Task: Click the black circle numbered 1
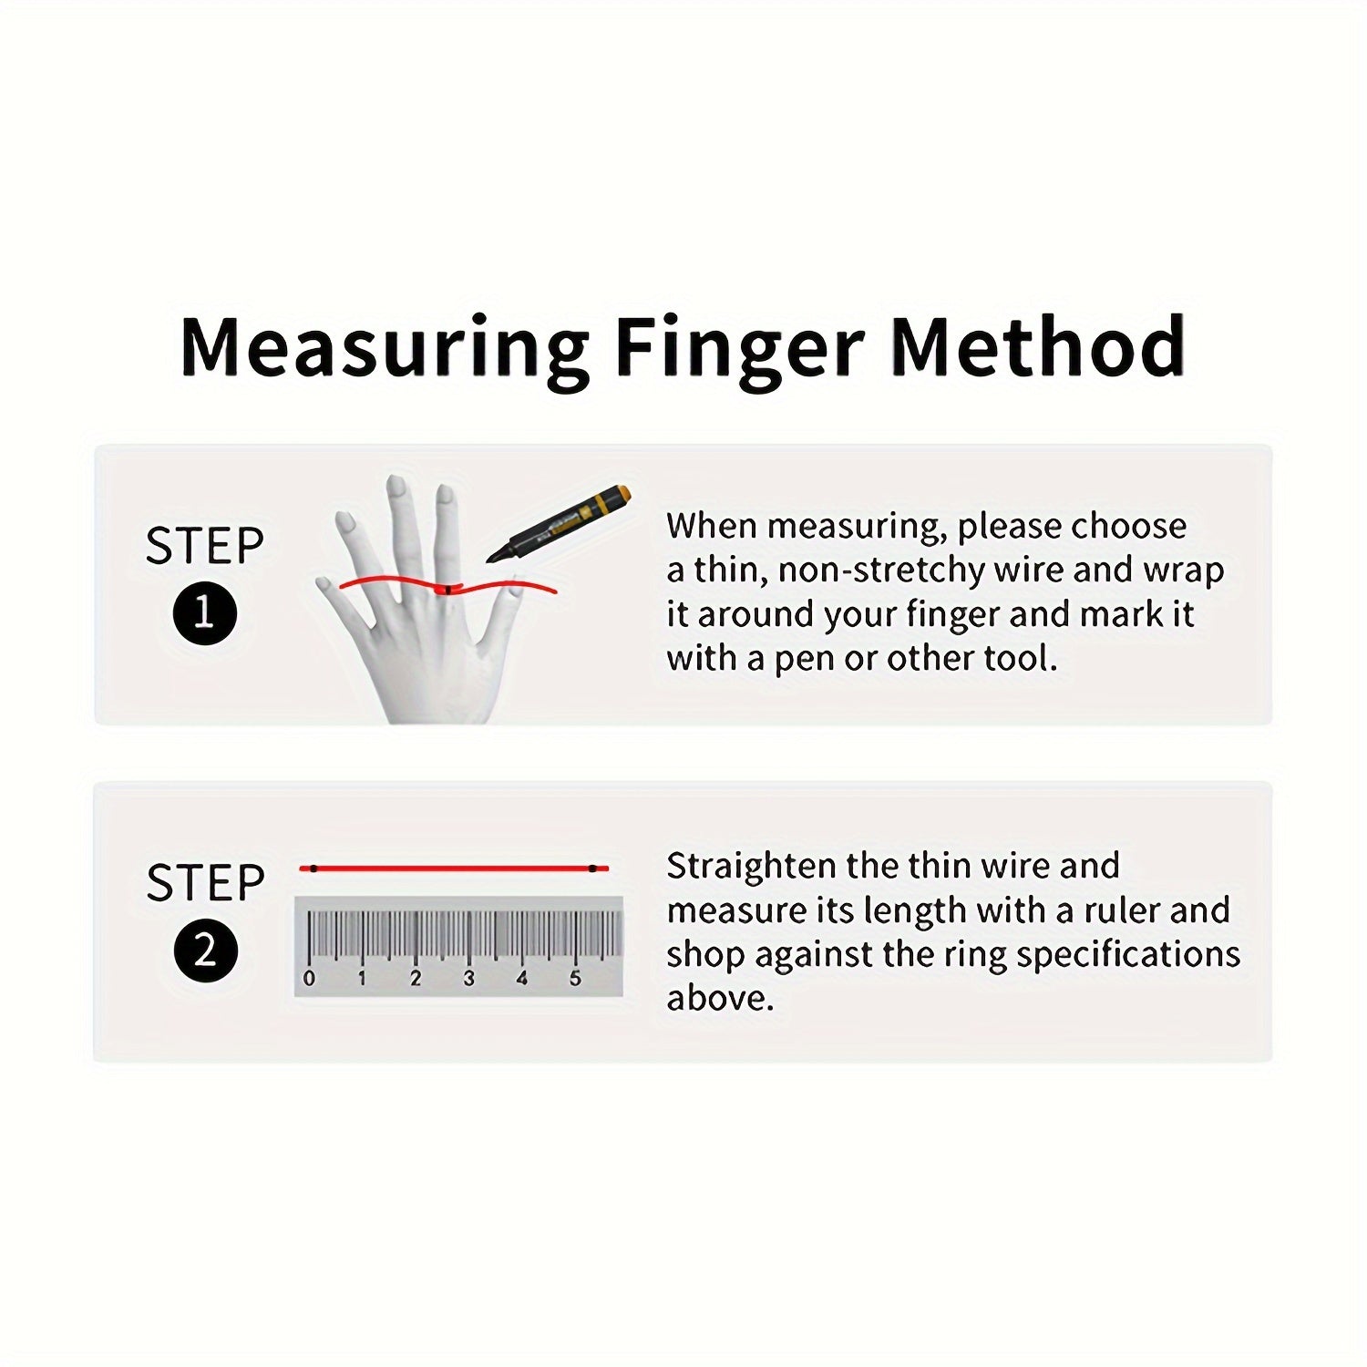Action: [x=204, y=613]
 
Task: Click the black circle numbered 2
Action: [x=205, y=951]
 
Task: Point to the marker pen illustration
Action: [x=559, y=525]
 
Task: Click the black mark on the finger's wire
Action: [x=447, y=591]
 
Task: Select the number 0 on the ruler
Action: [x=309, y=979]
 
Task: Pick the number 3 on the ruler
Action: [x=468, y=979]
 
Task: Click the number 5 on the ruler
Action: [x=575, y=979]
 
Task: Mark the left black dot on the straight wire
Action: [x=313, y=869]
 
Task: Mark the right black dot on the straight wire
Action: [x=592, y=869]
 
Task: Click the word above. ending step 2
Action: [x=719, y=998]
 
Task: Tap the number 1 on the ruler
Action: [x=362, y=979]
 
